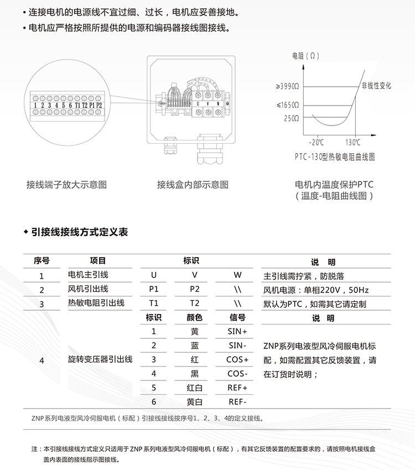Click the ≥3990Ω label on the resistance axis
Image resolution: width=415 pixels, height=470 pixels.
click(x=288, y=86)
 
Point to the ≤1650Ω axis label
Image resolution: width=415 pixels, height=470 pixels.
click(x=288, y=105)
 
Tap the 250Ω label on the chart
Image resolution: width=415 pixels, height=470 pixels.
click(x=291, y=118)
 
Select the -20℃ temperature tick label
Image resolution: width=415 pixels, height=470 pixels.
click(x=317, y=142)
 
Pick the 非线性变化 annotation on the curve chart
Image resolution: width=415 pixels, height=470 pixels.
click(x=376, y=86)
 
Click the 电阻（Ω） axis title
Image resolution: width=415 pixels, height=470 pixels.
click(x=305, y=56)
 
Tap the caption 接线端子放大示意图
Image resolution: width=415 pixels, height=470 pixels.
click(x=66, y=185)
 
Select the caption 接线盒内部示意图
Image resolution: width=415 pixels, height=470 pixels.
click(x=193, y=185)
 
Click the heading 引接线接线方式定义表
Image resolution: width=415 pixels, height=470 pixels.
click(x=80, y=232)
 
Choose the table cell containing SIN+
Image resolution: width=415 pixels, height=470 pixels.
click(x=238, y=331)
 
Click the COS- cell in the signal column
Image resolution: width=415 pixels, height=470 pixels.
click(x=238, y=374)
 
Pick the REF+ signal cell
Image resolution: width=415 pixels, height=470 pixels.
click(x=238, y=388)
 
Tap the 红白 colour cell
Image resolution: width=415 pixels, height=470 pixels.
click(x=194, y=388)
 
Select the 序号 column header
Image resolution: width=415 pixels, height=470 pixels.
click(x=41, y=261)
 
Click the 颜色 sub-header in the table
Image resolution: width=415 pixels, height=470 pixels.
click(x=194, y=317)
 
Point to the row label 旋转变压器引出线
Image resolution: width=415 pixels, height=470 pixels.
click(x=100, y=359)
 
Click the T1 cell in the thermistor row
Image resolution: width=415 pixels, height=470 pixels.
click(x=154, y=303)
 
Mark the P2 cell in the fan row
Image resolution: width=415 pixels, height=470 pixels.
click(x=194, y=289)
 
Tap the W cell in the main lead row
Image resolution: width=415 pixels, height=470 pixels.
click(x=238, y=275)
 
